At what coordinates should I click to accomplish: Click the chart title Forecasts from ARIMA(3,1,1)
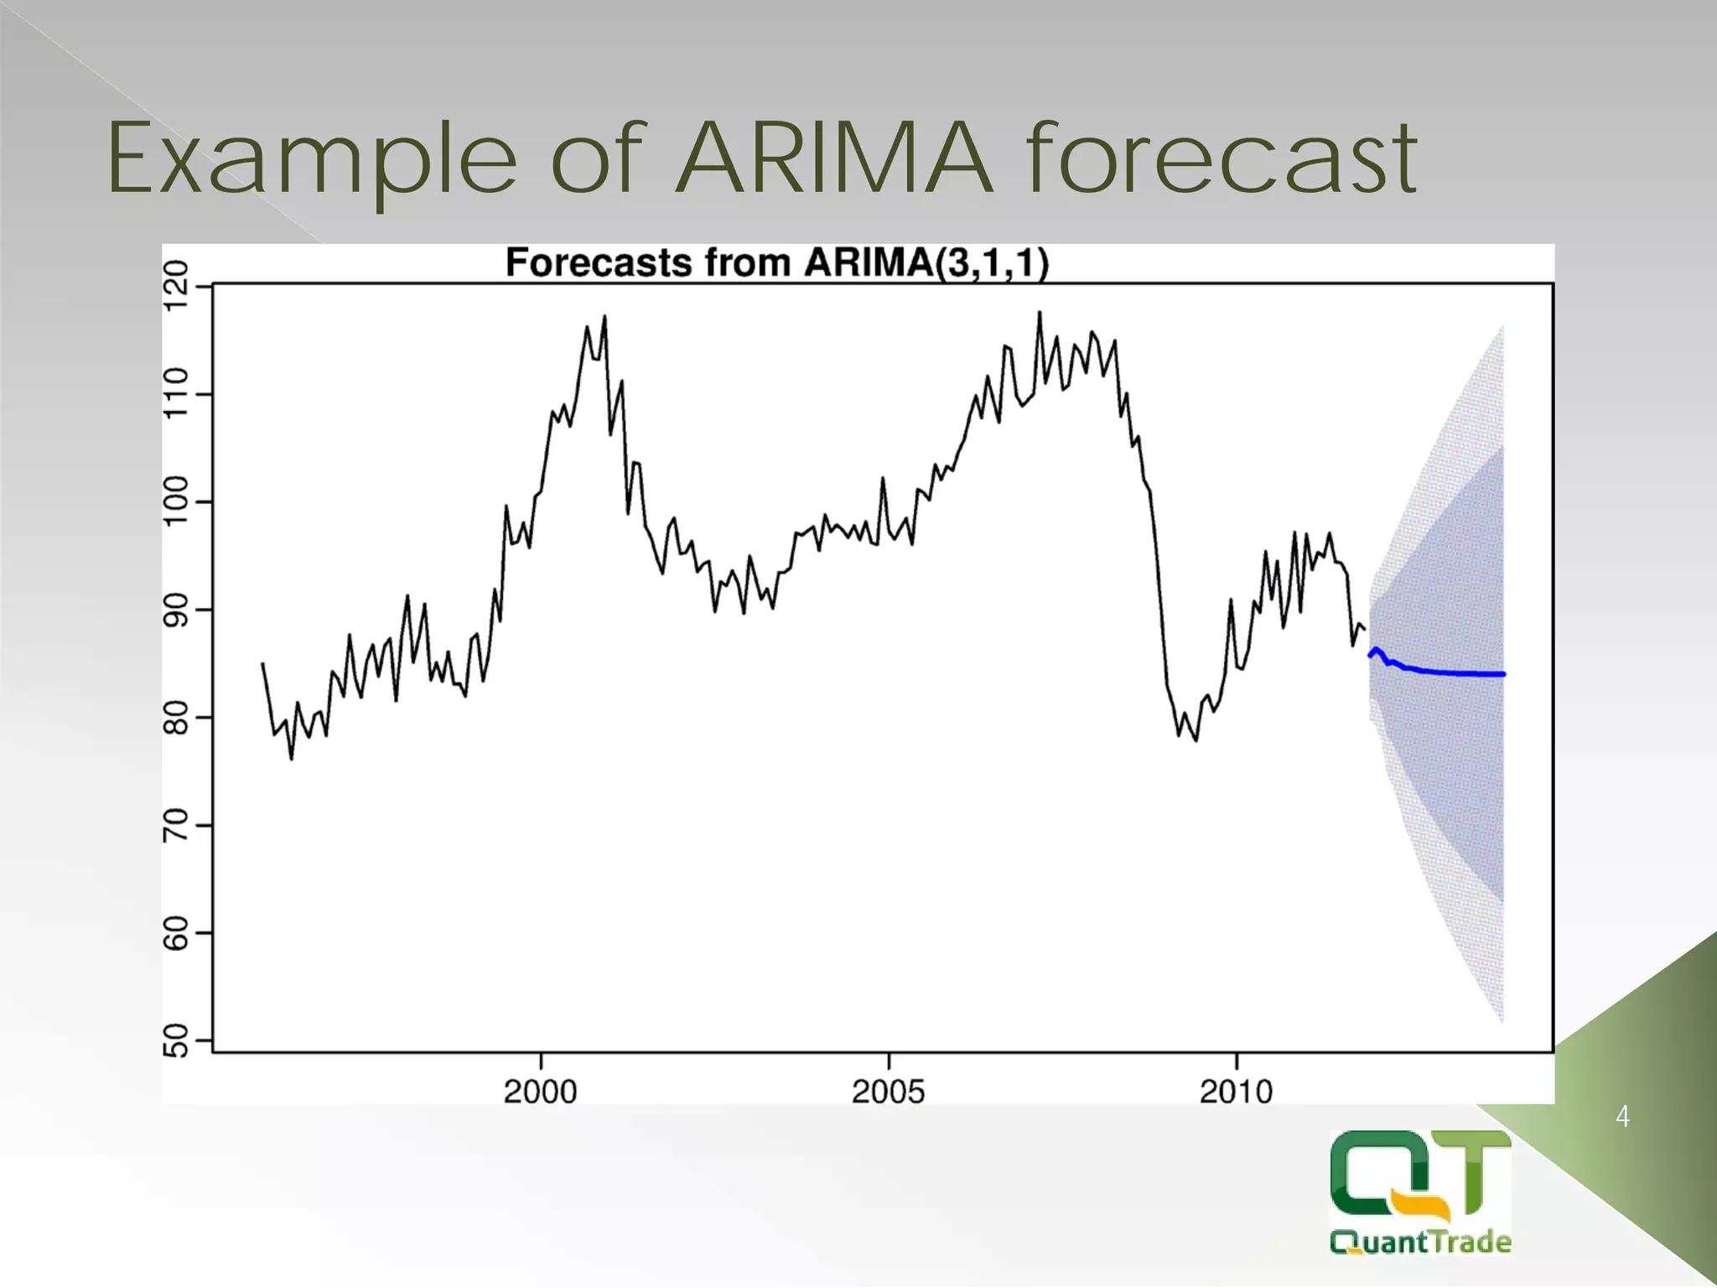777,263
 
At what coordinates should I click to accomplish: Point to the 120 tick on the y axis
177,286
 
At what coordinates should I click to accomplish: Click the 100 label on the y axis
177,501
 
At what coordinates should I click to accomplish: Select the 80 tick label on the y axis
177,717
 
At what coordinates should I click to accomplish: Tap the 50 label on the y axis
177,1041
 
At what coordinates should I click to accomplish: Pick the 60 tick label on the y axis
177,932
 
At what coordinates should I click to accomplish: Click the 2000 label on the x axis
541,1092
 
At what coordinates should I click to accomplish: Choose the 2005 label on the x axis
889,1092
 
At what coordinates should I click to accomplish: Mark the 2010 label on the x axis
1237,1092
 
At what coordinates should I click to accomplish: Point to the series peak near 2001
604,318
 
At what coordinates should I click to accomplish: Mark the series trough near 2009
1196,740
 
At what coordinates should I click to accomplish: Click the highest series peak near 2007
1040,314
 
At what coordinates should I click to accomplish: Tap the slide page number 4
1622,1117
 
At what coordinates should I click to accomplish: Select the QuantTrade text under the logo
1420,1241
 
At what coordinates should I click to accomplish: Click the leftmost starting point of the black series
263,663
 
